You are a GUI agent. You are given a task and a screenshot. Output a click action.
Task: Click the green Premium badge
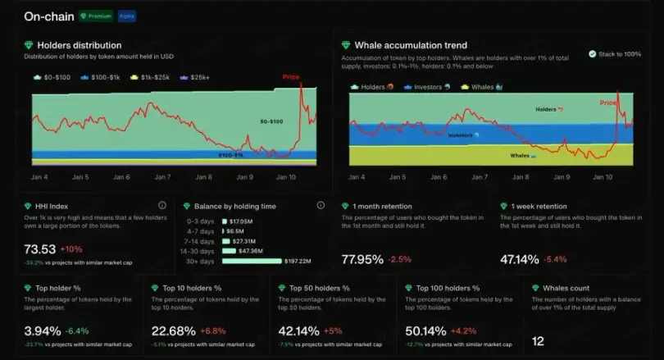[x=96, y=16]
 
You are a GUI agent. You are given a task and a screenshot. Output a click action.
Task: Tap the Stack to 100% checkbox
[x=592, y=54]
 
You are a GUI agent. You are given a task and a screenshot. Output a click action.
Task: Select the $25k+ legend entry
[x=198, y=77]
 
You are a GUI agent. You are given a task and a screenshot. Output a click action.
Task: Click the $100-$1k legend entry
[x=102, y=77]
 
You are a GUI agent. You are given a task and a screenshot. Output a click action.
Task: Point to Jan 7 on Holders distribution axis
[x=162, y=177]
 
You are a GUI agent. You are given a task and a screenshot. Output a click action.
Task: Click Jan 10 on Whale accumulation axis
[x=603, y=177]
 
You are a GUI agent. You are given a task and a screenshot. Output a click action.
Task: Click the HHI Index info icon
[x=161, y=206]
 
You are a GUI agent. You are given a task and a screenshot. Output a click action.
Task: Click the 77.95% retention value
[x=362, y=259]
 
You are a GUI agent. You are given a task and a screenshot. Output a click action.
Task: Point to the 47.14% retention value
[x=520, y=259]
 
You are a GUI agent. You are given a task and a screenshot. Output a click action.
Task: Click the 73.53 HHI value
[x=39, y=249]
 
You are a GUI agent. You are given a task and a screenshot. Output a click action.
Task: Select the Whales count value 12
[x=538, y=340]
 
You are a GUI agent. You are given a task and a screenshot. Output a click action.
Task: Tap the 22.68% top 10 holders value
[x=173, y=331]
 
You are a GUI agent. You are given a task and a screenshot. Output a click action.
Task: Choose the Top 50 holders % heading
[x=320, y=289]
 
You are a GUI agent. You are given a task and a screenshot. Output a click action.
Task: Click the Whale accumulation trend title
[x=411, y=45]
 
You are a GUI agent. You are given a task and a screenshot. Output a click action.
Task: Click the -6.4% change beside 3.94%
[x=76, y=331]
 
